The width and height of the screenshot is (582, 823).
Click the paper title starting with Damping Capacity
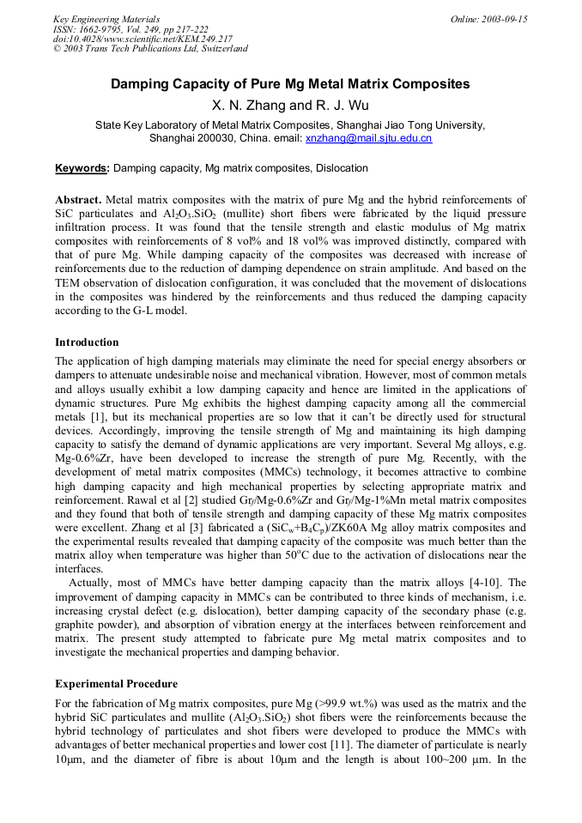pos(290,84)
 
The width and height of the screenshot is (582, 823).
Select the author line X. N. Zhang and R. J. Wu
pos(290,106)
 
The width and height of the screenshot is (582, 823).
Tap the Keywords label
pos(82,168)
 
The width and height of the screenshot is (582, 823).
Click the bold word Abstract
pos(78,199)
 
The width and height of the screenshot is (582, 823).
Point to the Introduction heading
pos(87,342)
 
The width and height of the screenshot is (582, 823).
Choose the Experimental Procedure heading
pos(116,684)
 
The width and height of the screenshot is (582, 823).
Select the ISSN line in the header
pos(130,28)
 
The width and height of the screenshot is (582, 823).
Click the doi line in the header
pos(142,39)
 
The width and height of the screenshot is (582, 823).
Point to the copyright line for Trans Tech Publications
pos(150,49)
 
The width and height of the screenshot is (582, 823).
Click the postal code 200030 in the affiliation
pos(218,137)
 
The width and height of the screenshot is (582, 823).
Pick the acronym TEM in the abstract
pos(70,283)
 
